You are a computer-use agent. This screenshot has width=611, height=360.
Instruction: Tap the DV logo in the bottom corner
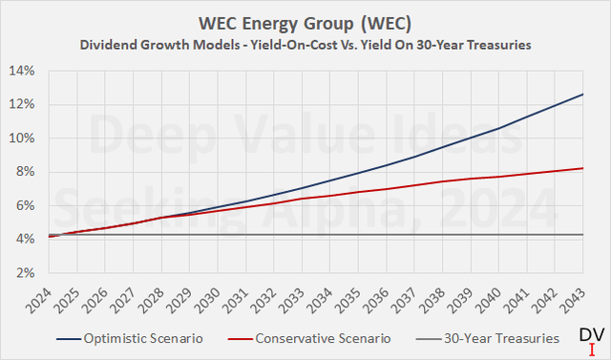(x=591, y=338)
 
